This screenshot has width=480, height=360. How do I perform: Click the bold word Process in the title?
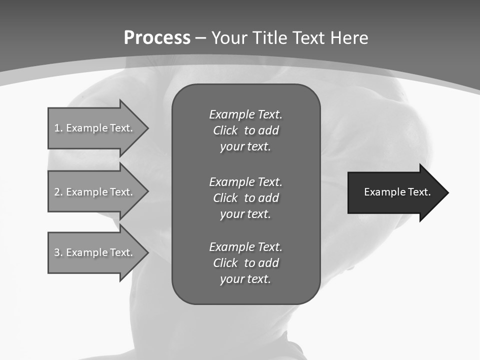coord(157,38)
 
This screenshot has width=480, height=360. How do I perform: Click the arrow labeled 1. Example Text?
coord(95,128)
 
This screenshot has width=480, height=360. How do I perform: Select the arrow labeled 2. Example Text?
coord(95,192)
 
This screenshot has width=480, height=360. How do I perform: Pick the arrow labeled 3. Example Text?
coord(95,252)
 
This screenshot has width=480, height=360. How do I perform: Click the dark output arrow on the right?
coord(395,192)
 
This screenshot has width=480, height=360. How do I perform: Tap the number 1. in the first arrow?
coord(58,128)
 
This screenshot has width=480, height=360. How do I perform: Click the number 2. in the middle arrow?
coord(58,192)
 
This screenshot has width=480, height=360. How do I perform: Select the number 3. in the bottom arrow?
coord(58,252)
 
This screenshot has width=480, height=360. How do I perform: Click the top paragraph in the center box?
coord(245,130)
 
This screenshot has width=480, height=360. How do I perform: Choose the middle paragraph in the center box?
coord(245,198)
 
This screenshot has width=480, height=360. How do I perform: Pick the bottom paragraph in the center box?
coord(245,263)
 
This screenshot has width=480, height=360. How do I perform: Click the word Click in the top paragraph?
coord(225,130)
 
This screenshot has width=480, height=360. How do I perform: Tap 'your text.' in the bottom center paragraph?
coord(245,279)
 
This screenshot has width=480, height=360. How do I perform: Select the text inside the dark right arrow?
coord(397,192)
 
